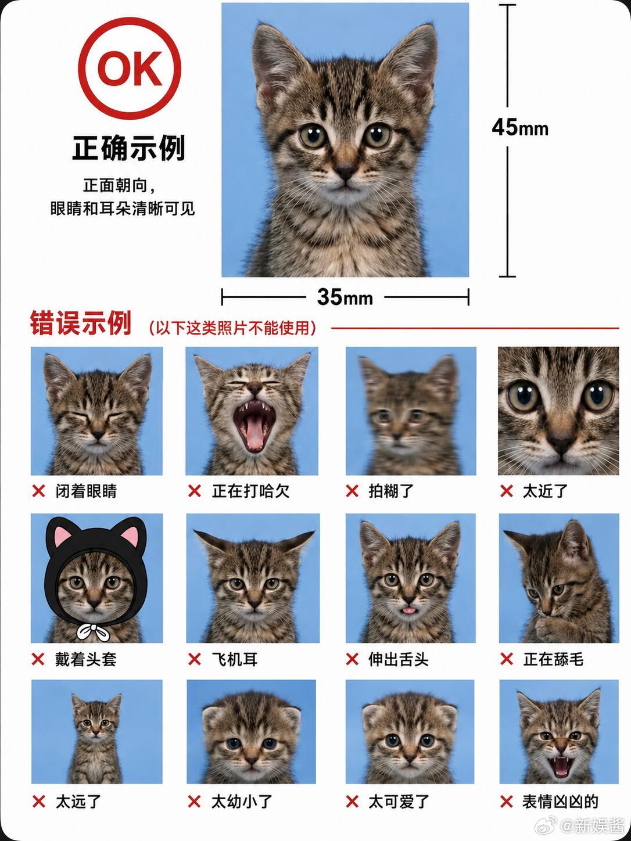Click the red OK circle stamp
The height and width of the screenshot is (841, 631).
click(129, 68)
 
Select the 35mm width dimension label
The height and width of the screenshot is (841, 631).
click(345, 297)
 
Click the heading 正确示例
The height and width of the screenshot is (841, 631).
click(129, 148)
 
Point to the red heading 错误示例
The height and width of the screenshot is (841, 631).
click(81, 323)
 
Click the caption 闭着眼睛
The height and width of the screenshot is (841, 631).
click(86, 491)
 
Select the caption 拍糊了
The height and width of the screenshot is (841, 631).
click(391, 491)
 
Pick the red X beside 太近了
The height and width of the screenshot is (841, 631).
click(506, 491)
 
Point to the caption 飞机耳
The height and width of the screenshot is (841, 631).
click(235, 659)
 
